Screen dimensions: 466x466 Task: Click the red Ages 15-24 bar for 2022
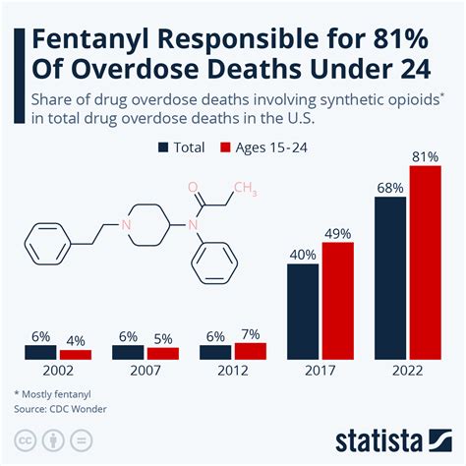pyautogui.click(x=425, y=263)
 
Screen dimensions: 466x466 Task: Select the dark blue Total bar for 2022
pyautogui.click(x=390, y=279)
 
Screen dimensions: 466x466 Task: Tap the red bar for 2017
pyautogui.click(x=336, y=302)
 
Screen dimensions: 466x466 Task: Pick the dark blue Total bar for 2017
pyautogui.click(x=302, y=313)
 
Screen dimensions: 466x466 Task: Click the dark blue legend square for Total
pyautogui.click(x=162, y=147)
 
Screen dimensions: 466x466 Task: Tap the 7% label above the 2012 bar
pyautogui.click(x=250, y=334)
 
